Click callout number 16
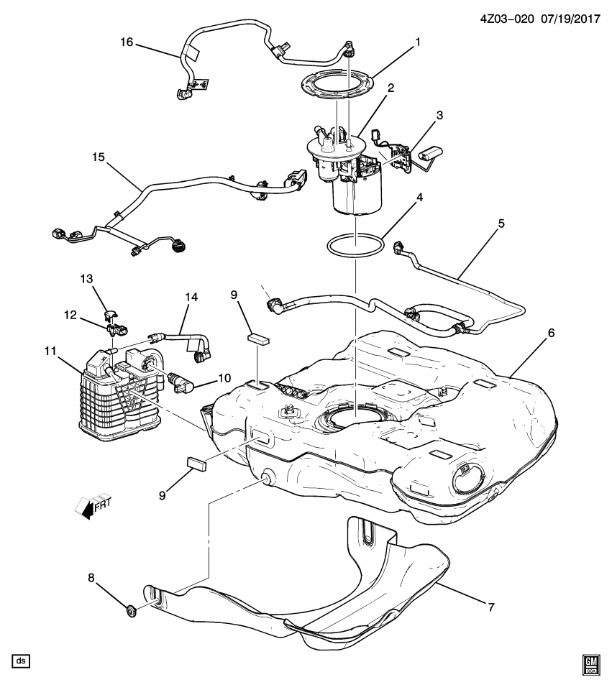127,42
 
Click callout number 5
501,224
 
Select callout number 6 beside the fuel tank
552,333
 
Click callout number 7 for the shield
491,607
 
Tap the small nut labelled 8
131,612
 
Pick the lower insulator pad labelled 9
196,462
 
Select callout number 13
87,278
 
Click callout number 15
97,157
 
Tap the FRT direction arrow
89,505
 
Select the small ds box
20,660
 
